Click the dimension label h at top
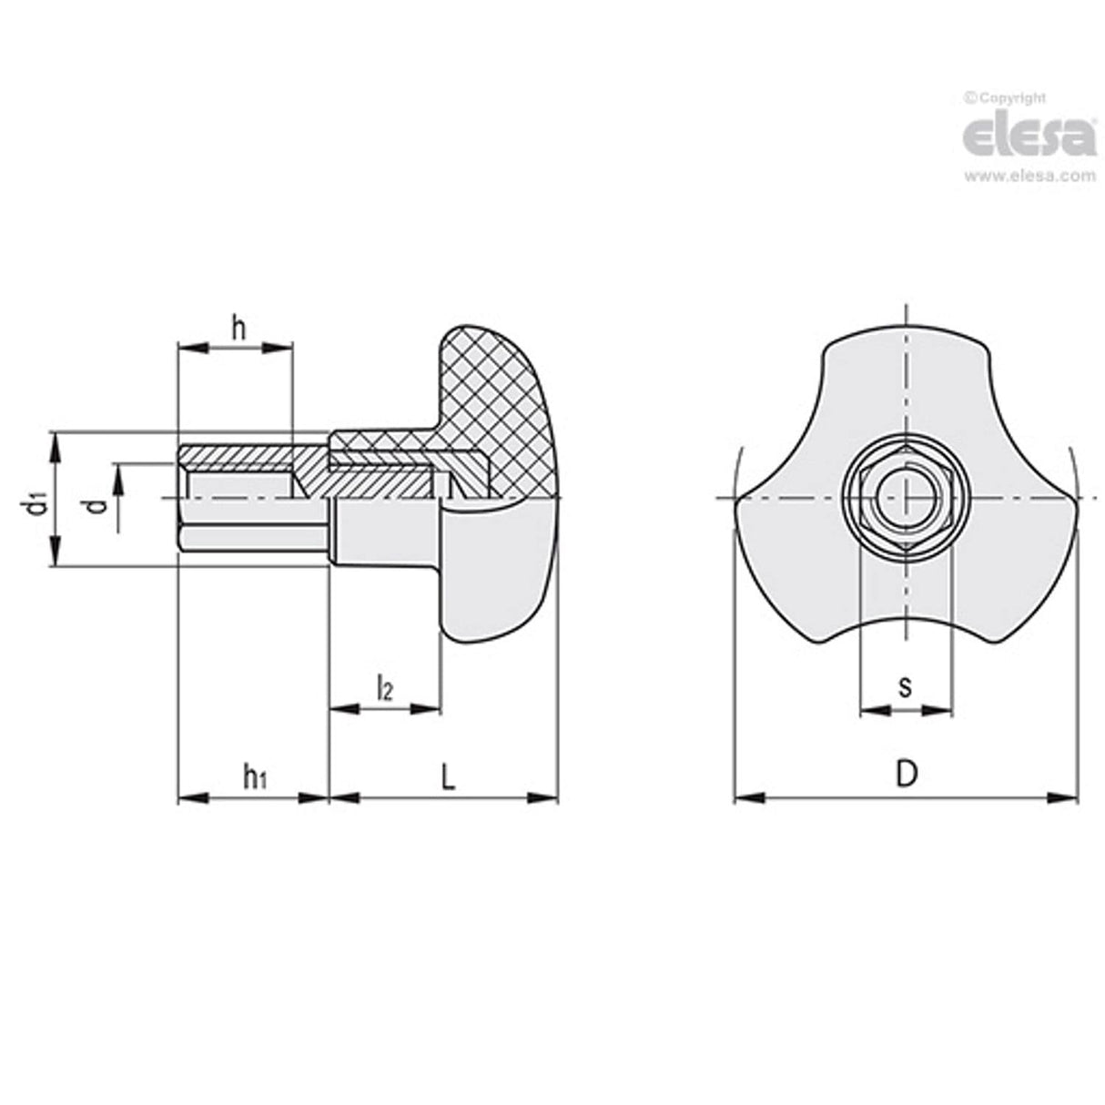tap(238, 329)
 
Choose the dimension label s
tap(905, 686)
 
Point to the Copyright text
tap(1005, 97)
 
